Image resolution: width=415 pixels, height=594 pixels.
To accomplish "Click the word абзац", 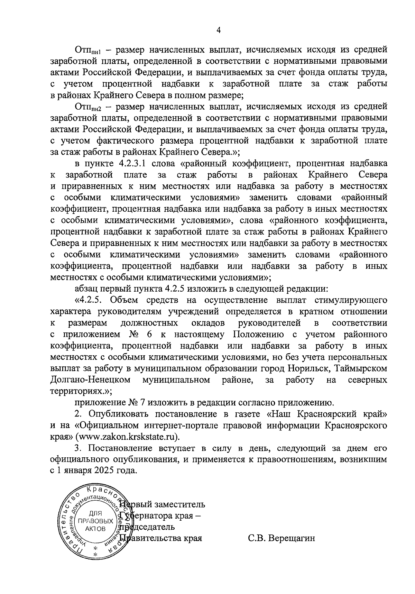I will (84, 289).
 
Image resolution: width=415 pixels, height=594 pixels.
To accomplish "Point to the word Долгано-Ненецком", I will (90, 380).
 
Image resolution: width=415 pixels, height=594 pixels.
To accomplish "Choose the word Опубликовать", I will (119, 414).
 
